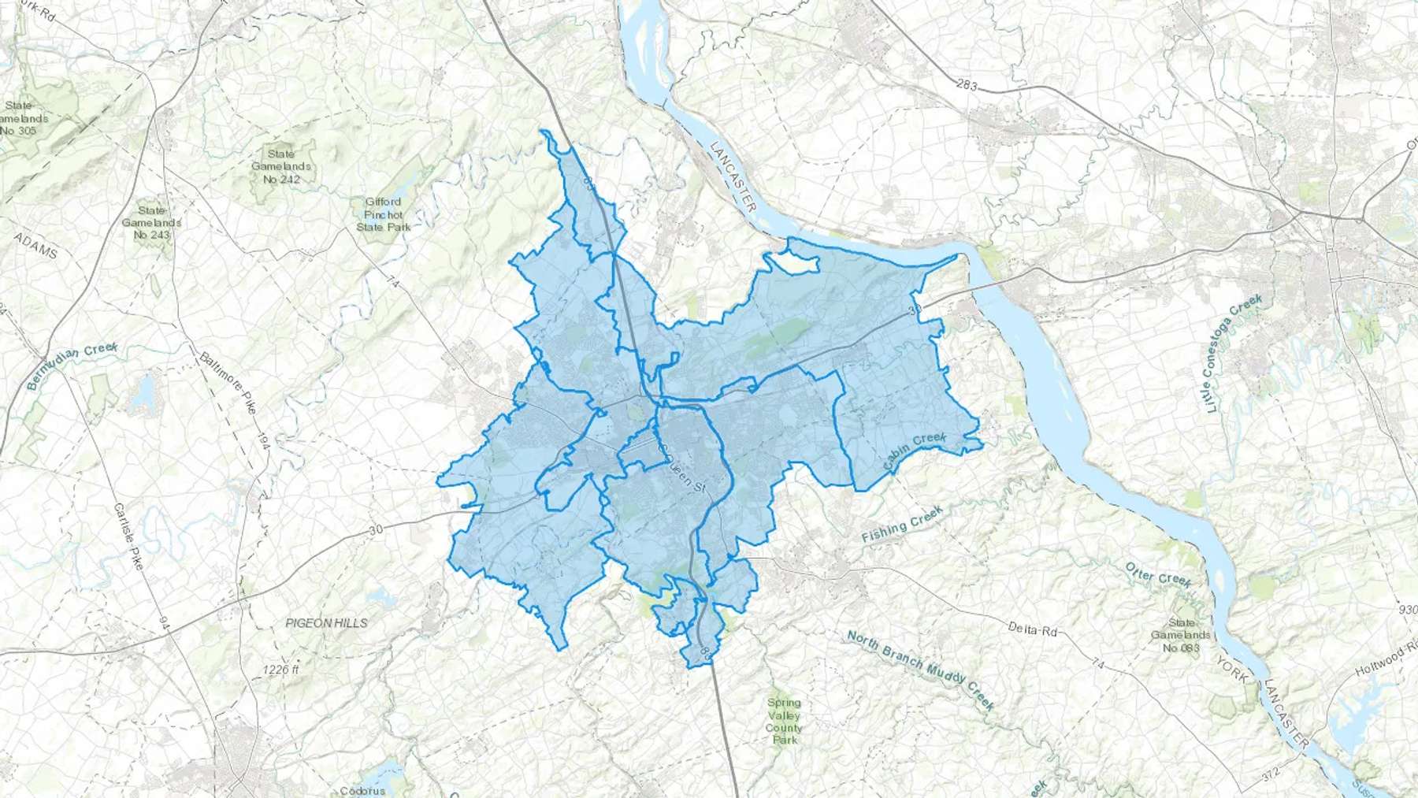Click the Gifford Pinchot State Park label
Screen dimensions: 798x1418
coord(384,214)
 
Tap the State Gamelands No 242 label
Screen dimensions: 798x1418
coord(281,166)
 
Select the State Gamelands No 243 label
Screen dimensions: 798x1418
coord(151,223)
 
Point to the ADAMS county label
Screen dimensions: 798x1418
coord(36,246)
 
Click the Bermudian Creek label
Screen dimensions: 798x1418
coord(72,366)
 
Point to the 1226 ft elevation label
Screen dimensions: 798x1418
coord(281,670)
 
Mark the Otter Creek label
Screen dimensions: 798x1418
coord(1158,575)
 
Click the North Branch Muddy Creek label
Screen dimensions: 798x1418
coord(921,670)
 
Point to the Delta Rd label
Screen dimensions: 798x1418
coord(1032,629)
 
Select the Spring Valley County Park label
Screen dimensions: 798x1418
coord(783,721)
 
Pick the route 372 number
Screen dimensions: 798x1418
coord(1270,775)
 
